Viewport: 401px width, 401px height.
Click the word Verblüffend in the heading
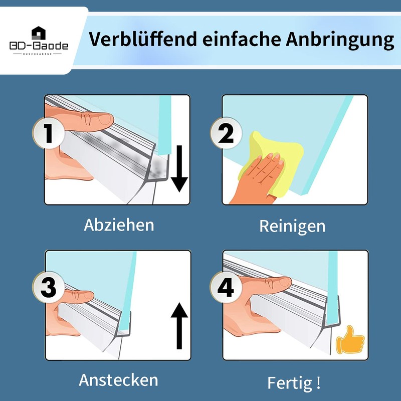pos(142,39)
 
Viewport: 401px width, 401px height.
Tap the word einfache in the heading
pos(241,39)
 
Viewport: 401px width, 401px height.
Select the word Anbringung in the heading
pos(340,41)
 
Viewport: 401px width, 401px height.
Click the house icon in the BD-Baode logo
pos(39,33)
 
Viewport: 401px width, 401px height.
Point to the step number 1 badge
pos(49,133)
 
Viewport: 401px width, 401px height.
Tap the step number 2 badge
pos(226,133)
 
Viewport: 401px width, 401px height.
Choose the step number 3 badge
pos(48,287)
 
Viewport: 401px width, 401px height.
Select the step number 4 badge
pos(226,287)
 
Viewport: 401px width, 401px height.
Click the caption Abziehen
pos(119,225)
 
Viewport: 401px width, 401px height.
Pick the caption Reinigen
pos(292,227)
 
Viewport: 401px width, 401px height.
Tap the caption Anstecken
pos(118,380)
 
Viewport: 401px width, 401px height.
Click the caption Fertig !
pos(294,383)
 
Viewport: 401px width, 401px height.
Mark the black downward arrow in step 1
pos(179,168)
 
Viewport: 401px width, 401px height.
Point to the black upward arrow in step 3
pos(179,326)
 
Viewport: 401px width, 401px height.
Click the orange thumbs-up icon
pos(350,340)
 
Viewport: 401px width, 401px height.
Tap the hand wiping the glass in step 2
pos(258,179)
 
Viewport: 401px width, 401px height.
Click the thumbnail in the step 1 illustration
pos(105,119)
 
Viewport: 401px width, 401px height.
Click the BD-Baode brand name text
pos(39,46)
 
